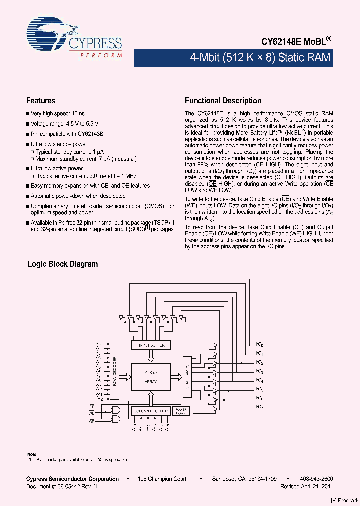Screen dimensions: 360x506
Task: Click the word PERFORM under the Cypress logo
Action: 101,56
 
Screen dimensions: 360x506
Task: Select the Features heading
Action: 41,101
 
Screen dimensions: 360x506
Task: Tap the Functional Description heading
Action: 223,101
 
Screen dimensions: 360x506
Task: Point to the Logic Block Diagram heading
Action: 63,264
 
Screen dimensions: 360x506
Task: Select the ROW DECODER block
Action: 115,371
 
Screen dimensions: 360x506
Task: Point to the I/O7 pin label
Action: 259,407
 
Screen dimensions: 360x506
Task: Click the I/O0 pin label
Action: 259,344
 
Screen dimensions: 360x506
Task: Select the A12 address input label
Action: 99,399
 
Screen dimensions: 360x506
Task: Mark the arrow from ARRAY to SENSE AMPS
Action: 177,377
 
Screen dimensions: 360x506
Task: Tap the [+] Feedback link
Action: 344,500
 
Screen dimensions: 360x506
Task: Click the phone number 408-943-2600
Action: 316,479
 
